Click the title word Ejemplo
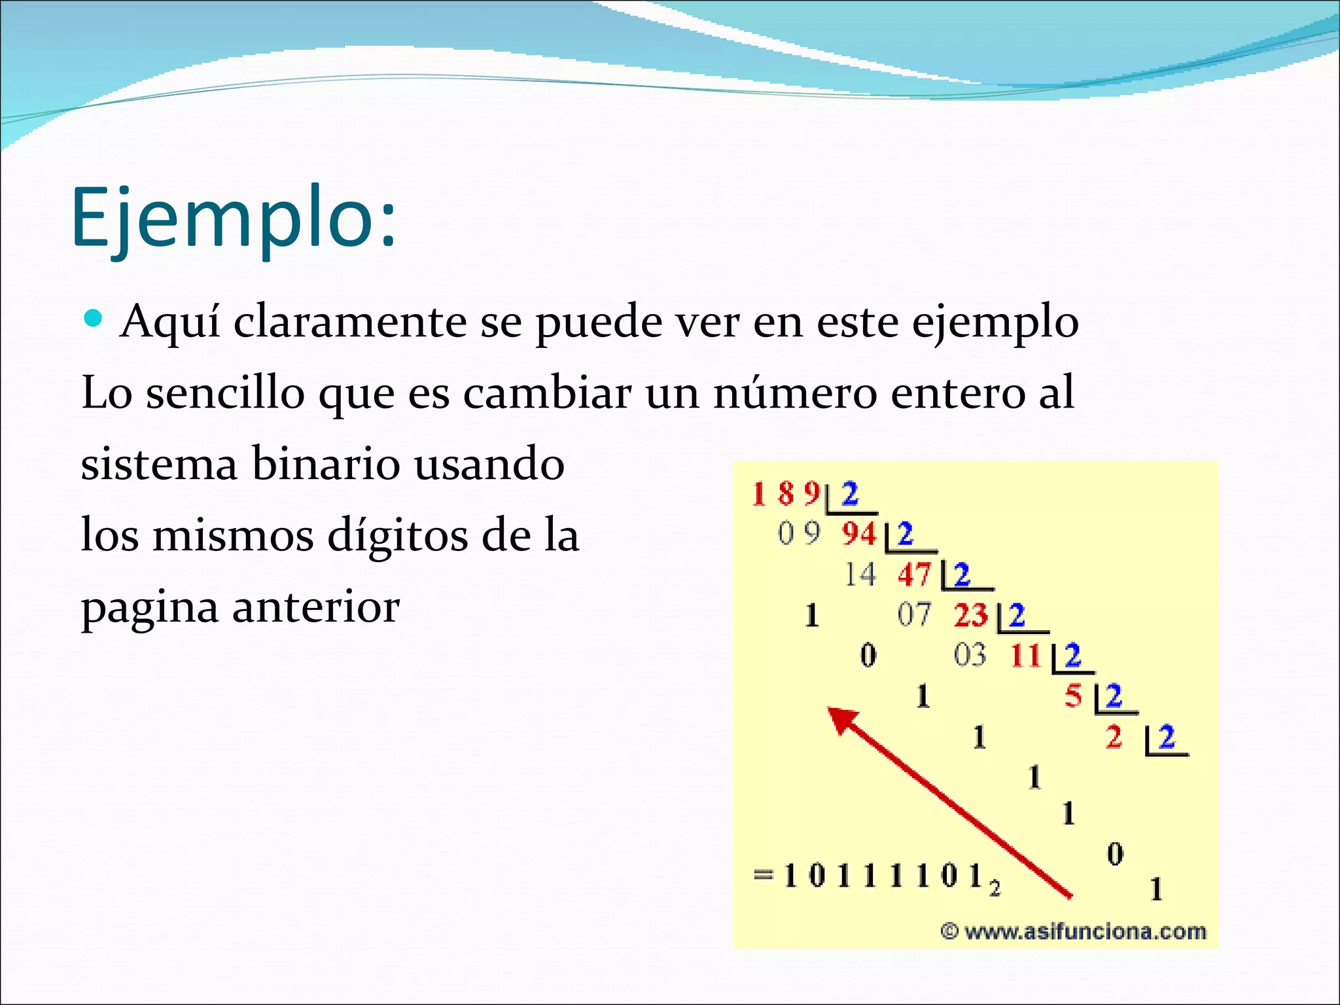point(233,217)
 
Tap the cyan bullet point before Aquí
point(94,319)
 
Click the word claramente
point(350,322)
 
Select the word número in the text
point(794,393)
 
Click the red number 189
point(785,494)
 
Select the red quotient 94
point(858,534)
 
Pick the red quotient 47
point(914,575)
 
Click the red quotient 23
point(970,615)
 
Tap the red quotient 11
point(1025,656)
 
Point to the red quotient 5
point(1073,696)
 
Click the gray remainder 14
point(859,575)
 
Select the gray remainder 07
point(913,615)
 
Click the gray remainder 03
point(970,655)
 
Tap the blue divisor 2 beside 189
point(849,494)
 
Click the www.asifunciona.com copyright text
point(1073,930)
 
